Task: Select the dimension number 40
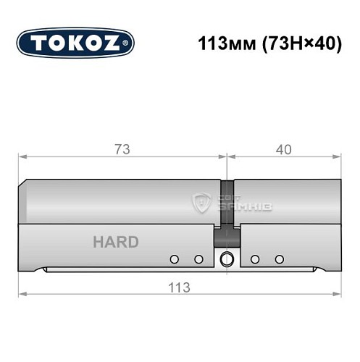[283, 150]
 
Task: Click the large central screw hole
[227, 258]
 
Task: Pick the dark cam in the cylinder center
[226, 236]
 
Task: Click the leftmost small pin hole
[174, 258]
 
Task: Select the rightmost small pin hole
[277, 258]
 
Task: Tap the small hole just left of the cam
[197, 258]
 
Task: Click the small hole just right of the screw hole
[254, 258]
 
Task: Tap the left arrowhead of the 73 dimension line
[23, 156]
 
